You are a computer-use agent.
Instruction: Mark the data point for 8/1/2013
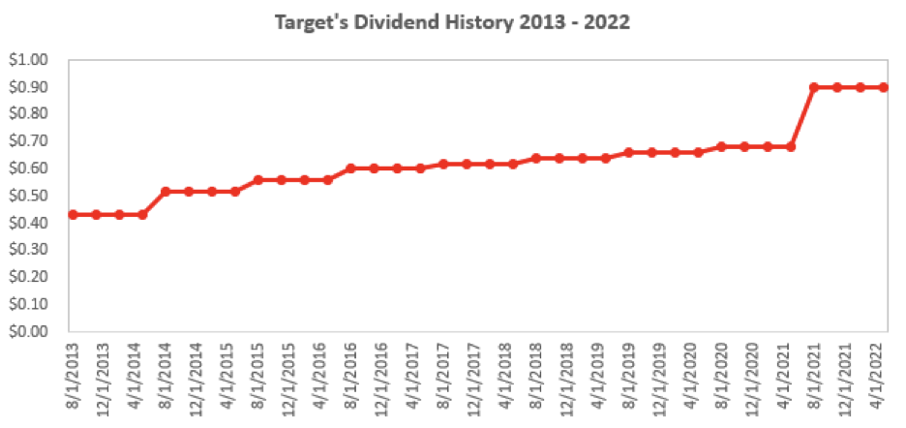(73, 214)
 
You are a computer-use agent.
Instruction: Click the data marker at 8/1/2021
(814, 87)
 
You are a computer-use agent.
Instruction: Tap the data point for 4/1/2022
(883, 87)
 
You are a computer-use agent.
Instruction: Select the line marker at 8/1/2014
(166, 192)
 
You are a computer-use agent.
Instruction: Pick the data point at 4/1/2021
(791, 146)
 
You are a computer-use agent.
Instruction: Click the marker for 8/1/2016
(350, 168)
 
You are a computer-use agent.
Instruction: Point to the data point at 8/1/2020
(721, 146)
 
